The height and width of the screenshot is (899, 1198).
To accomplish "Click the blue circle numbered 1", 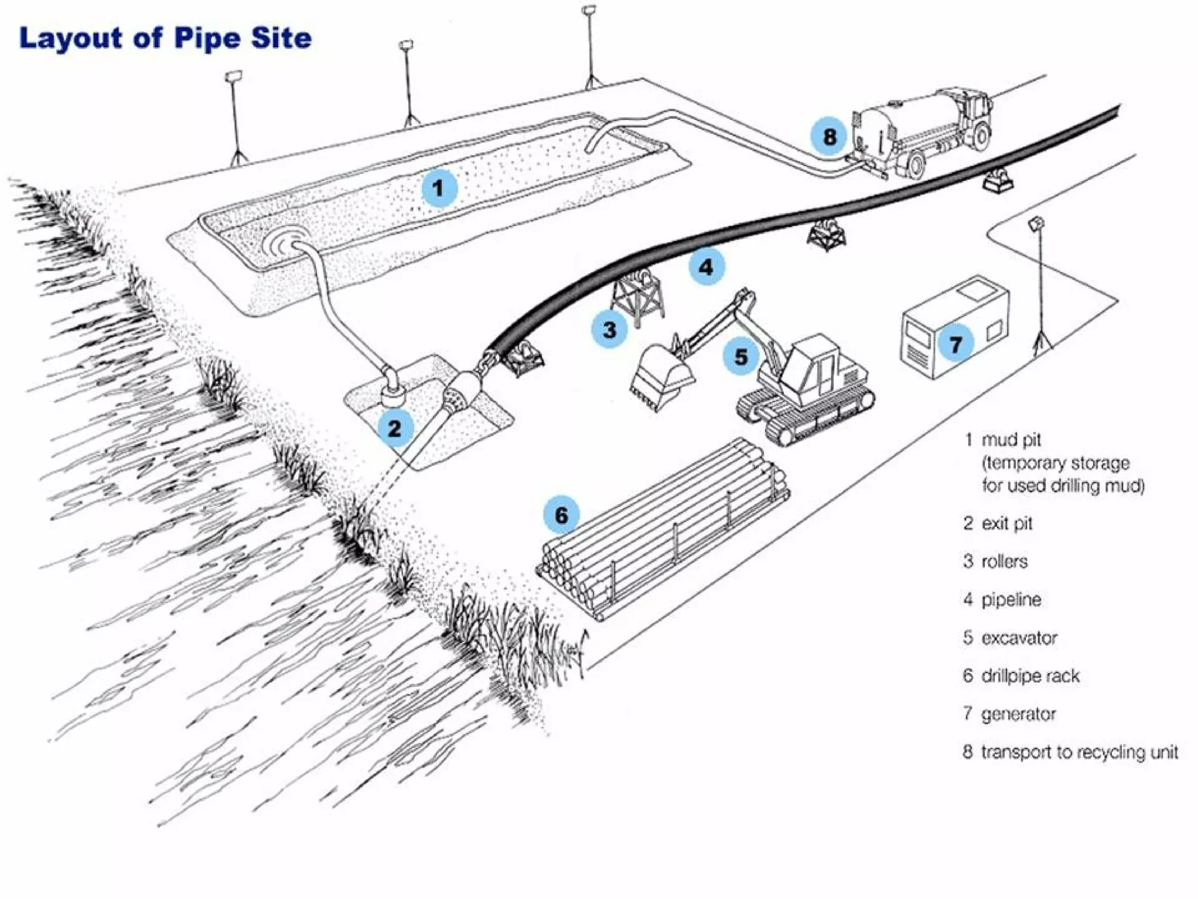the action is (439, 188).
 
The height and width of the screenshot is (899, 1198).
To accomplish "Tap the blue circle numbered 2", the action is (395, 428).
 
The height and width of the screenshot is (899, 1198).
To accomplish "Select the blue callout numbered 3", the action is (610, 330).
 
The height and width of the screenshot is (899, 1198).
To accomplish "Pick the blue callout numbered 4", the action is (707, 267).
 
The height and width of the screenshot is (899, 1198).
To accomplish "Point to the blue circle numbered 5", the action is (741, 356).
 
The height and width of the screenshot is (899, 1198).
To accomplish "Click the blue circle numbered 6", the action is (561, 515).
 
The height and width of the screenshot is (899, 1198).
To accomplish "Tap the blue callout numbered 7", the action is (956, 344).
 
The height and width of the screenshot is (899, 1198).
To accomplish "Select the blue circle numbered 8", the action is (829, 136).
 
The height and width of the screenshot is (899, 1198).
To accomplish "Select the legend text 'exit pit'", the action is (1007, 523).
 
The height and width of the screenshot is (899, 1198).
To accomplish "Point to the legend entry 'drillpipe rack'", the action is (1030, 676).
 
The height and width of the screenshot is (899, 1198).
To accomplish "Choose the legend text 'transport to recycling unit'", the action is (1079, 752).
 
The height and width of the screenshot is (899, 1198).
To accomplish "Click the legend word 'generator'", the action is (1018, 714).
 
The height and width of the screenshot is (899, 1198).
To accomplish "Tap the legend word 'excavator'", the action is (1019, 638).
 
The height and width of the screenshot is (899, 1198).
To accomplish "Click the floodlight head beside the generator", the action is (1036, 223).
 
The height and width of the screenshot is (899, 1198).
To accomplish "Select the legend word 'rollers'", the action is (1004, 562).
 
